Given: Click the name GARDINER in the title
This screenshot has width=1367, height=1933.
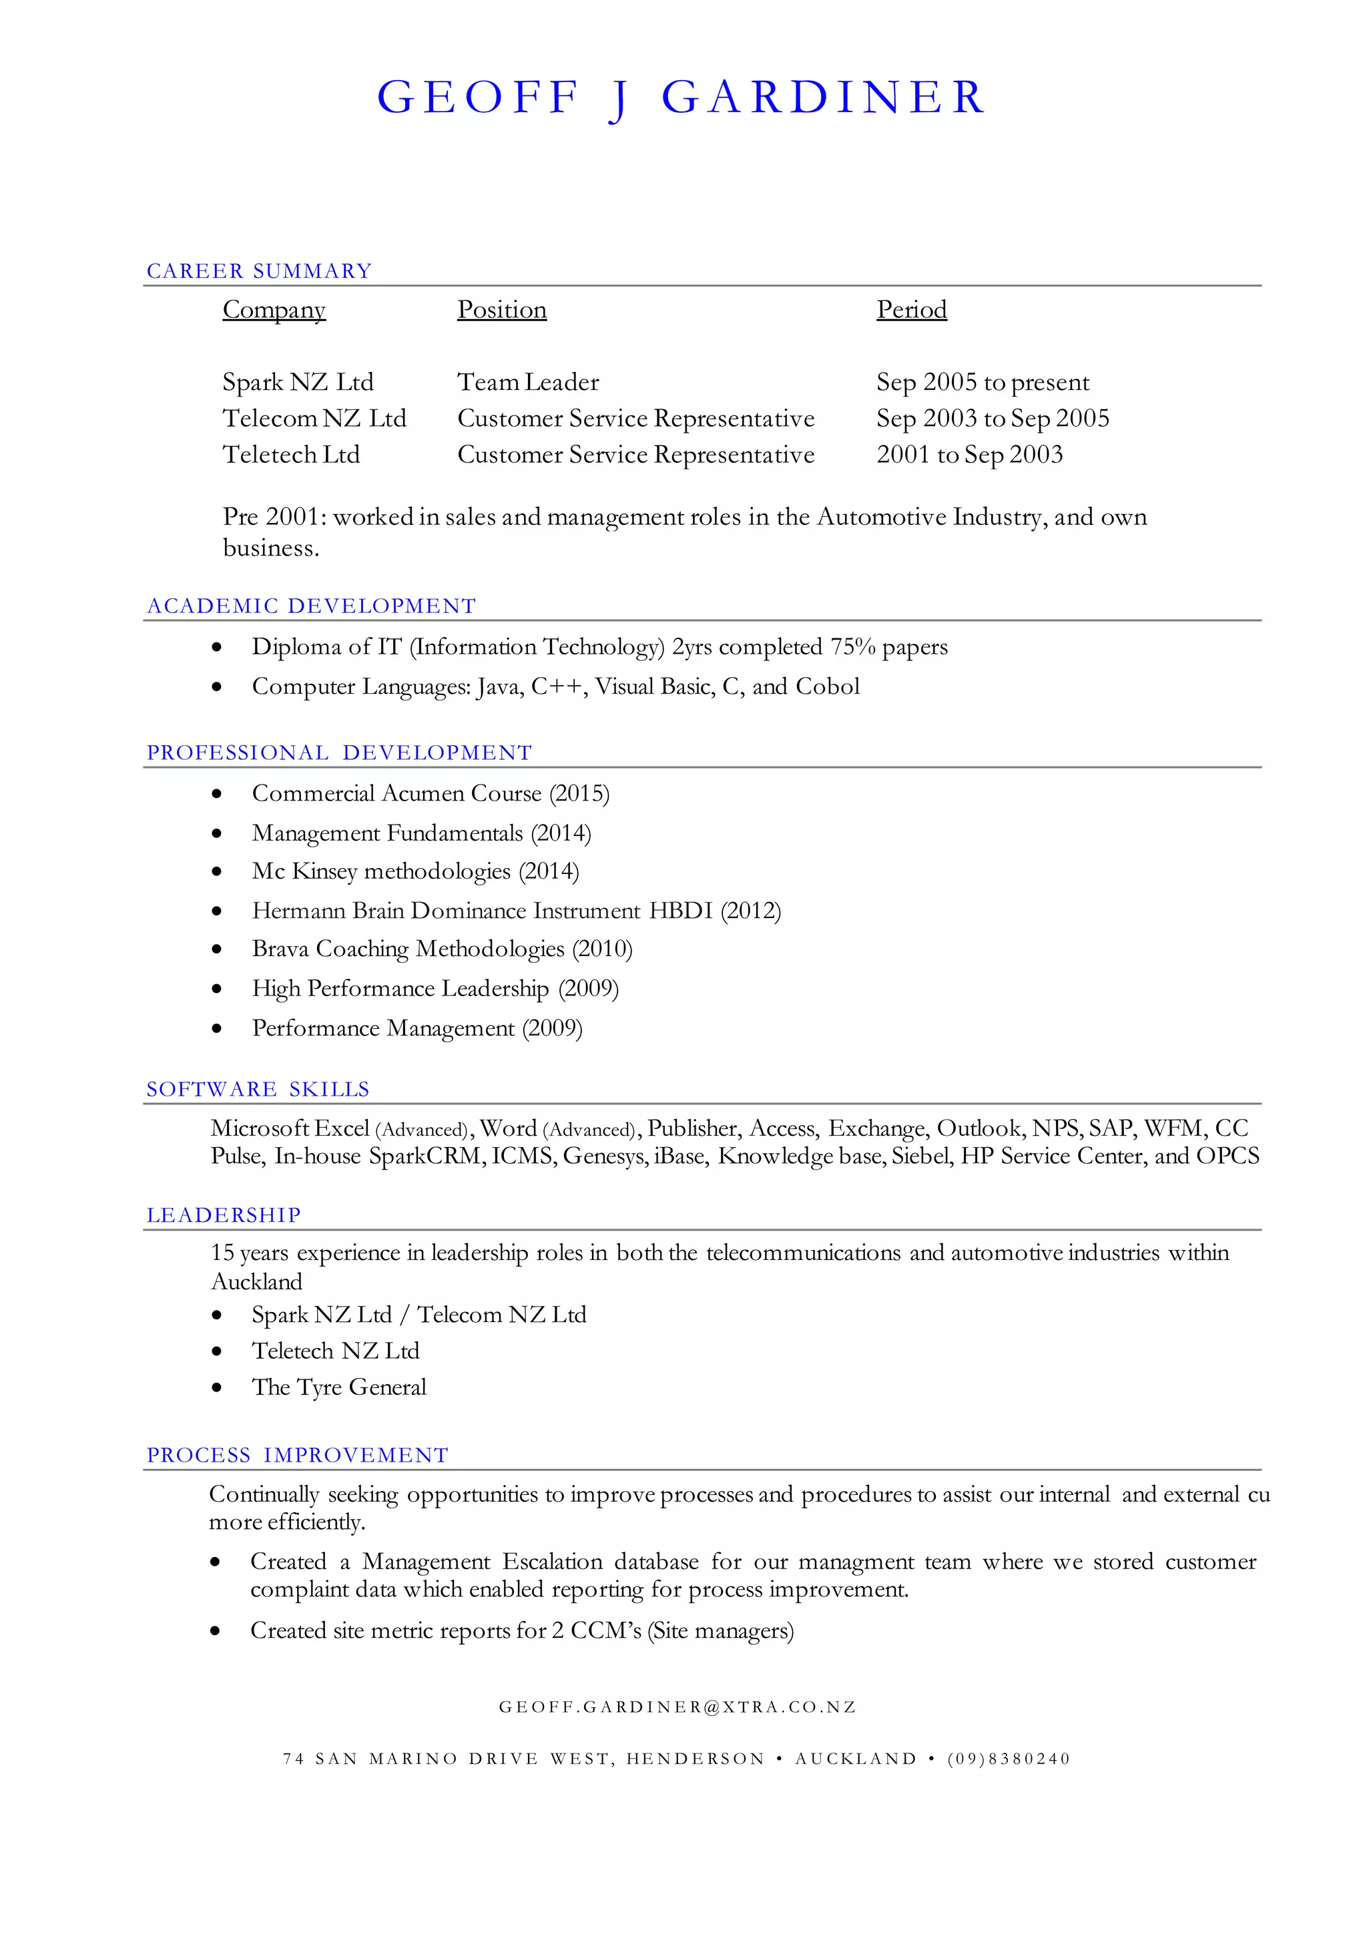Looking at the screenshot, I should [x=822, y=97].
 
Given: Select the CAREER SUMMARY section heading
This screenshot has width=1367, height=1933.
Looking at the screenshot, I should [x=258, y=271].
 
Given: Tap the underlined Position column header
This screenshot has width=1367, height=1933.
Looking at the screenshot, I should [x=502, y=310].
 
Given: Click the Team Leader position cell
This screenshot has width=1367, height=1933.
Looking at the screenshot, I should [x=528, y=382].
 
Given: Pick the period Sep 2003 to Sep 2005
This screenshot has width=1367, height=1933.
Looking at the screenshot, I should [x=993, y=419].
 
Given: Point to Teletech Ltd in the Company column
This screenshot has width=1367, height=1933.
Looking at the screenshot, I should [x=290, y=455].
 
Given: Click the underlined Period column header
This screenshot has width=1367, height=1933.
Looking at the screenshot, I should [x=912, y=310].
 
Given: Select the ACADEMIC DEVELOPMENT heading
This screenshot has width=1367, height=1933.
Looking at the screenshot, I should [x=312, y=606].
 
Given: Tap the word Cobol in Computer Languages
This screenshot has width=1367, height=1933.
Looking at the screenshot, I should [x=828, y=686].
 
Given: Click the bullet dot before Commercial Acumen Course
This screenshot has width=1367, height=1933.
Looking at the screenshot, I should [x=217, y=794].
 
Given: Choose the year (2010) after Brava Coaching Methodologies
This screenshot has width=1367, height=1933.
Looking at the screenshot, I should [x=602, y=949].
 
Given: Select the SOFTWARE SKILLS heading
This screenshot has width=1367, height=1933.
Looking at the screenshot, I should [x=258, y=1090].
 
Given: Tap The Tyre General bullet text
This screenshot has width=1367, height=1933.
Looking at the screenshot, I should [x=338, y=1387].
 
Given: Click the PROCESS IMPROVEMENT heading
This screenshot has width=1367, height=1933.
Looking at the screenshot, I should [x=297, y=1455].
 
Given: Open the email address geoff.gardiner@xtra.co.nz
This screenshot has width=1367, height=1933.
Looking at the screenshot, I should [x=677, y=1707].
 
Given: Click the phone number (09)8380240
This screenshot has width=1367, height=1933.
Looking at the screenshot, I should [x=1009, y=1759].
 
